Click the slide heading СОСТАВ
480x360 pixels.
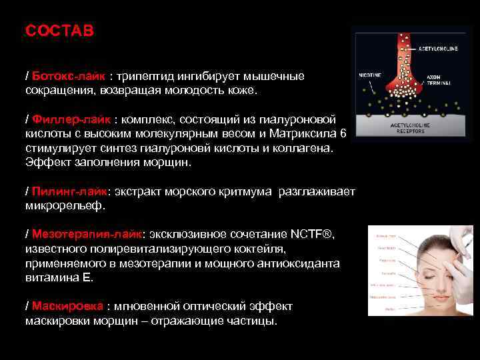[59, 31]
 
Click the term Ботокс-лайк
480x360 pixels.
[69, 77]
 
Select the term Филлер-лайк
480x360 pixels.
[71, 119]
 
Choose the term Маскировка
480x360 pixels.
[67, 306]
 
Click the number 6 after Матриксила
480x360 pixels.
[343, 133]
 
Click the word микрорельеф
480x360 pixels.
[65, 206]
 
